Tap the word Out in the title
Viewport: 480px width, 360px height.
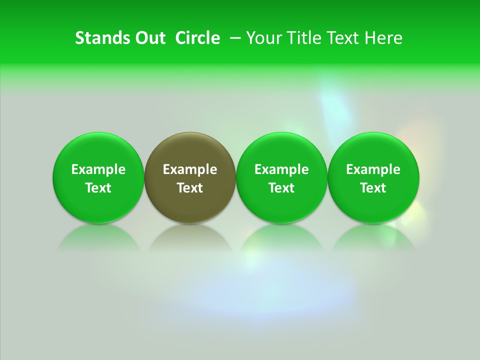click(149, 38)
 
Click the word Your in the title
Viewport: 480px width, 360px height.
click(263, 38)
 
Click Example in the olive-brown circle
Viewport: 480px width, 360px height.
click(190, 169)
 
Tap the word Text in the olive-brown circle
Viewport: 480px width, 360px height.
click(190, 188)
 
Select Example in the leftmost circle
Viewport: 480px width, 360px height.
click(98, 169)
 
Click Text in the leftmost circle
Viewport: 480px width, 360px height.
click(98, 188)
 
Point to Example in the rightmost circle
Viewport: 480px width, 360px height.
click(373, 169)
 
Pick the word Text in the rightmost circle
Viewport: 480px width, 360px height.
click(373, 188)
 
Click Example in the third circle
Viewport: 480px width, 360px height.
click(282, 169)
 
